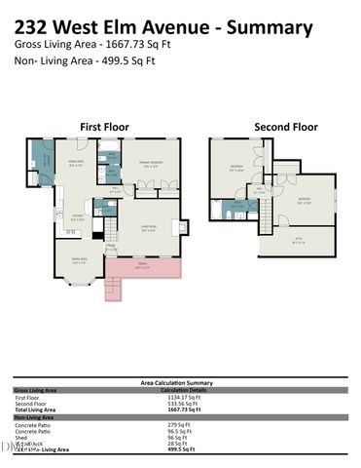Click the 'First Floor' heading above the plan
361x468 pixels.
tap(103, 127)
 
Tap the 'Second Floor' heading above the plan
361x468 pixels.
tap(285, 127)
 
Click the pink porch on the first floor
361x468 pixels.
tap(144, 266)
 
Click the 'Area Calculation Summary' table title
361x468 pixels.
tap(177, 383)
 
